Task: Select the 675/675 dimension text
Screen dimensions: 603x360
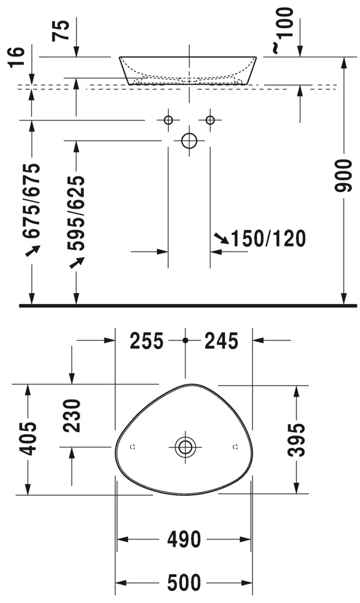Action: pos(32,201)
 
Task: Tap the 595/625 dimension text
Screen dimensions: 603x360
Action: pos(75,213)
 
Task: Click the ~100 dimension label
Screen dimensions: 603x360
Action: pos(285,30)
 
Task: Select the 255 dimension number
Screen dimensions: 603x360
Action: pos(147,341)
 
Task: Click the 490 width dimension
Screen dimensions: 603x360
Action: pos(183,539)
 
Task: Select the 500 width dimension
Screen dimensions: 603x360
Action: pos(183,583)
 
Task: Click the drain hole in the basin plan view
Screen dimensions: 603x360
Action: pos(185,447)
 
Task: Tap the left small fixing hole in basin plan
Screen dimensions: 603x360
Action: pos(133,447)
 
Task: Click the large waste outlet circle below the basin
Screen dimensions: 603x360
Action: pos(189,140)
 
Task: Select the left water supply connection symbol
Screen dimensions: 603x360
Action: pos(168,120)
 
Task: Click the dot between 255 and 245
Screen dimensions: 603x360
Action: pos(185,341)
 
